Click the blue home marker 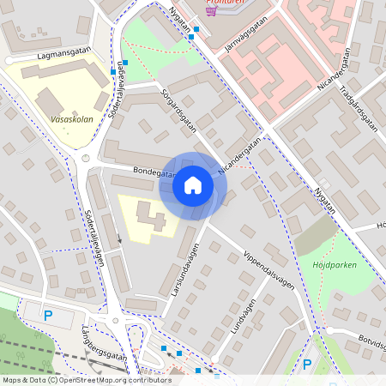[193, 185]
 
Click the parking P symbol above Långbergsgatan [48, 316]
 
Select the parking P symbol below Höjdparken [307, 365]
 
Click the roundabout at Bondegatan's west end [86, 159]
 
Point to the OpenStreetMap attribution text [87, 379]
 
